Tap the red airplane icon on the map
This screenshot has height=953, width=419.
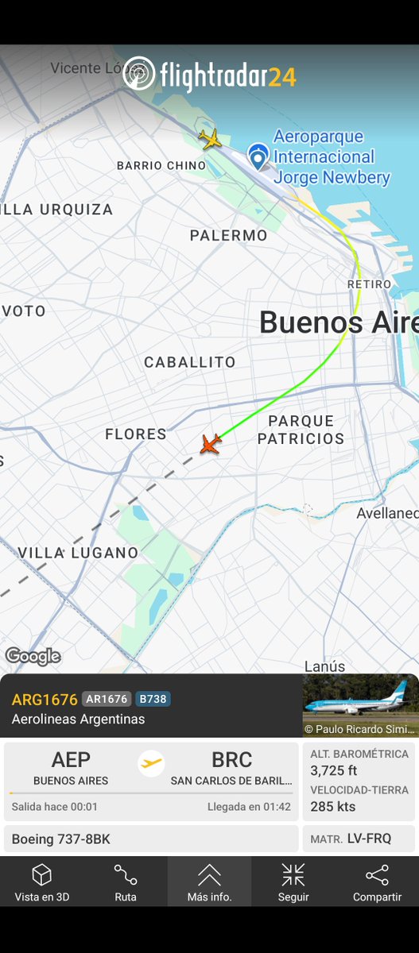pos(210,444)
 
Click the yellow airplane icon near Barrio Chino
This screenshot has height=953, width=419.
pos(210,139)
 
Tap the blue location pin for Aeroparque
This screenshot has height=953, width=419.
pos(258,156)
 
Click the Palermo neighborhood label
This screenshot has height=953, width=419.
pos(228,236)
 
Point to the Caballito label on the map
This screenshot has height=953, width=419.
pos(190,362)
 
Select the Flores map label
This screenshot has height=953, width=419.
pos(136,434)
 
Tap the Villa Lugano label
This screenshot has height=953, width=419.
pos(78,553)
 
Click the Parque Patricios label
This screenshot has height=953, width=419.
pos(301,430)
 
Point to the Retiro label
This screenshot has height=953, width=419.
pos(370,284)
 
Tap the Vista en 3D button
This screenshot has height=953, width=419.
pos(41,883)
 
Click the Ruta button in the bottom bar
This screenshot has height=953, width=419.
pos(126,883)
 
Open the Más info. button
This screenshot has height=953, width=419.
pos(210,883)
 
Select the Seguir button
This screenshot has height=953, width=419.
pos(293,883)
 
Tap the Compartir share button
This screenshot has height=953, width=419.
pos(377,883)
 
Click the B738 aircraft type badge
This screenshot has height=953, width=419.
pos(153,700)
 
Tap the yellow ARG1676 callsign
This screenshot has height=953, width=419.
pos(45,700)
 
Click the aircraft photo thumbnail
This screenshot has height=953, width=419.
pos(360,706)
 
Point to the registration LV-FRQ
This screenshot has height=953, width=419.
pos(369,839)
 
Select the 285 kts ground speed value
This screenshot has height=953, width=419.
pos(332,807)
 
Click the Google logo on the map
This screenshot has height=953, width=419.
pos(33,657)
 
